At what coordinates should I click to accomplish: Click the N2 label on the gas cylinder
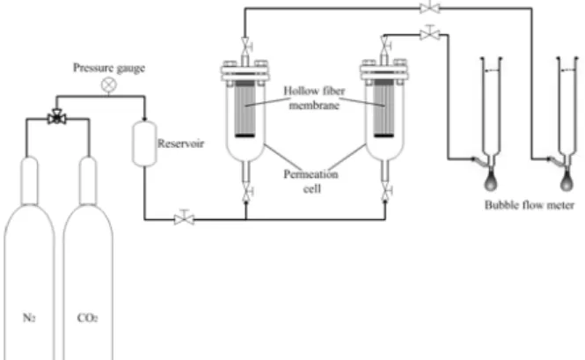(x=29, y=318)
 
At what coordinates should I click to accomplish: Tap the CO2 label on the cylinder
(x=88, y=318)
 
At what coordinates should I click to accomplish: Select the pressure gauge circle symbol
(x=109, y=84)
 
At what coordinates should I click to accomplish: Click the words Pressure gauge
(x=109, y=68)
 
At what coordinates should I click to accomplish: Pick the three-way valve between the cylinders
(x=57, y=118)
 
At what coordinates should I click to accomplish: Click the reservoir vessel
(x=144, y=143)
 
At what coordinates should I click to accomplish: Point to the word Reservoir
(x=180, y=143)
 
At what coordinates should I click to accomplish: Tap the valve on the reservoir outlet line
(x=184, y=217)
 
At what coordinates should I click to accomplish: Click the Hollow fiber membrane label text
(x=315, y=98)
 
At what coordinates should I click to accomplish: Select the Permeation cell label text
(x=311, y=181)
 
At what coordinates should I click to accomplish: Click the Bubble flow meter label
(x=530, y=205)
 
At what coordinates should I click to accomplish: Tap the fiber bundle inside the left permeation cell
(x=245, y=108)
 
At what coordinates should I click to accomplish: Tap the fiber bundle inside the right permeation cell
(x=384, y=108)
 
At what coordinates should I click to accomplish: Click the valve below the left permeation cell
(x=246, y=193)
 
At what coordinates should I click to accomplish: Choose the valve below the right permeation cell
(x=385, y=193)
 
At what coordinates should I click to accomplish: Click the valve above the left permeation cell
(x=245, y=46)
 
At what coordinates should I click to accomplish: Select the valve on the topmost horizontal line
(x=430, y=7)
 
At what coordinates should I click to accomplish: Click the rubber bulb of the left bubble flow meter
(x=491, y=182)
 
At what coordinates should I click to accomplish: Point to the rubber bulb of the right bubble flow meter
(x=567, y=182)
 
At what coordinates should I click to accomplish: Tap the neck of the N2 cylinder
(x=30, y=180)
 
